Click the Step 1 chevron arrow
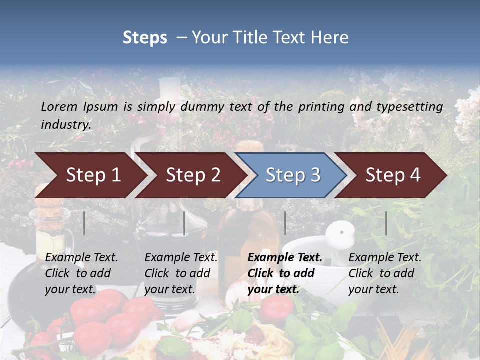pos(92,175)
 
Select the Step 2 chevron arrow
pos(192,175)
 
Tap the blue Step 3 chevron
pos(292,175)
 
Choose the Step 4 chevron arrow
pos(392,175)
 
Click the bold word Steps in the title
pos(145,37)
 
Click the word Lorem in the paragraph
pos(59,106)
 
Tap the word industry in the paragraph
pos(66,124)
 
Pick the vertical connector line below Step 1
pos(84,223)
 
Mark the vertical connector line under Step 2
pos(184,223)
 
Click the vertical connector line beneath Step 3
pos(285,223)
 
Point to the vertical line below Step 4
pos(386,223)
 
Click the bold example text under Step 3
pos(284,273)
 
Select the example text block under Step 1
pos(81,273)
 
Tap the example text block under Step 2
pos(180,273)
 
